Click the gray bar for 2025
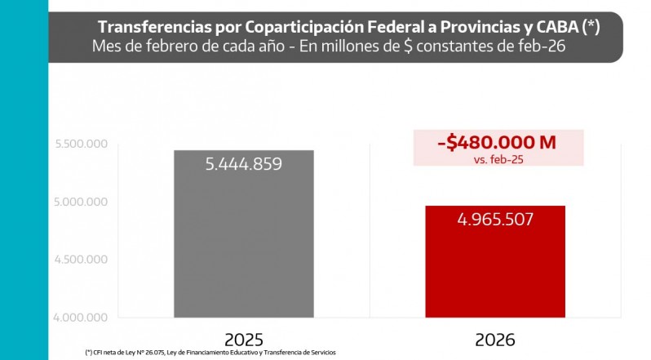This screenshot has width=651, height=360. tap(244, 245)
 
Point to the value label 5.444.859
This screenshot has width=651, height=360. tap(244, 164)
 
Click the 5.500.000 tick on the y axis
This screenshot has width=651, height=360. tap(82, 144)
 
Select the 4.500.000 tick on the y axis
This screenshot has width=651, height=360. tap(82, 260)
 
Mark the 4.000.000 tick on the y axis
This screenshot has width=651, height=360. tap(82, 318)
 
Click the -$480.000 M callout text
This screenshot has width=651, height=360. tap(497, 142)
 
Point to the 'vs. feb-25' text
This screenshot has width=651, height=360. tap(498, 159)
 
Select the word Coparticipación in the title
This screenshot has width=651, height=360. tap(281, 27)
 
